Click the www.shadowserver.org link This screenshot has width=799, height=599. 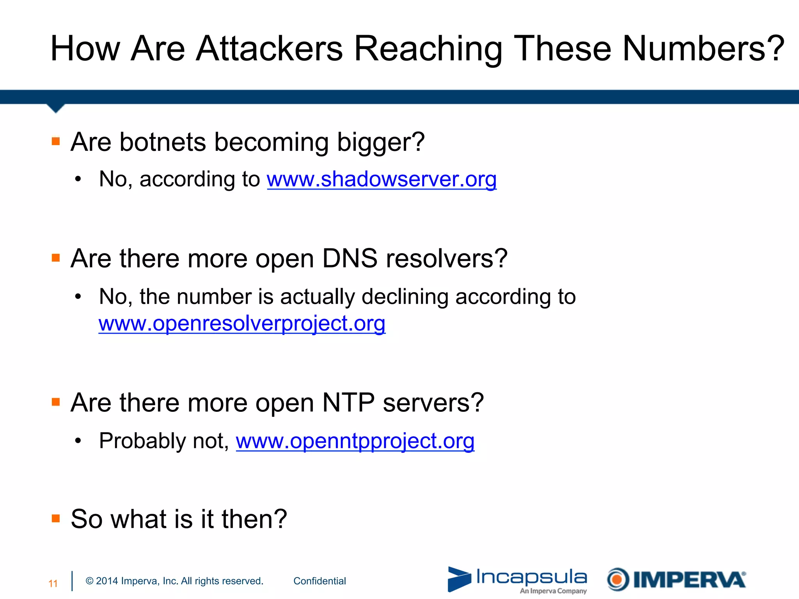(x=382, y=179)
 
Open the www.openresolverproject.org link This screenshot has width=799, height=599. (x=242, y=324)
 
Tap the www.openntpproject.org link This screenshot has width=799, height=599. (x=355, y=441)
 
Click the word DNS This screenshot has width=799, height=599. (x=350, y=259)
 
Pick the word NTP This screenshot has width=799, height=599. (x=348, y=402)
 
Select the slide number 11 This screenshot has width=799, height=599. (x=53, y=583)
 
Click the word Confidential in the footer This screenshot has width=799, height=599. (x=320, y=581)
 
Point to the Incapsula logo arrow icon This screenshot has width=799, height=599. (x=459, y=579)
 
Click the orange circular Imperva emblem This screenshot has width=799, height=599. (x=618, y=580)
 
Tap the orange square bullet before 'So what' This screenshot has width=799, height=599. (x=56, y=518)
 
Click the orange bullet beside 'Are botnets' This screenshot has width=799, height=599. (x=56, y=141)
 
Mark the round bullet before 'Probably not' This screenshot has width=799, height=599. (x=78, y=441)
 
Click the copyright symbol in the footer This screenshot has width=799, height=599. (x=90, y=581)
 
